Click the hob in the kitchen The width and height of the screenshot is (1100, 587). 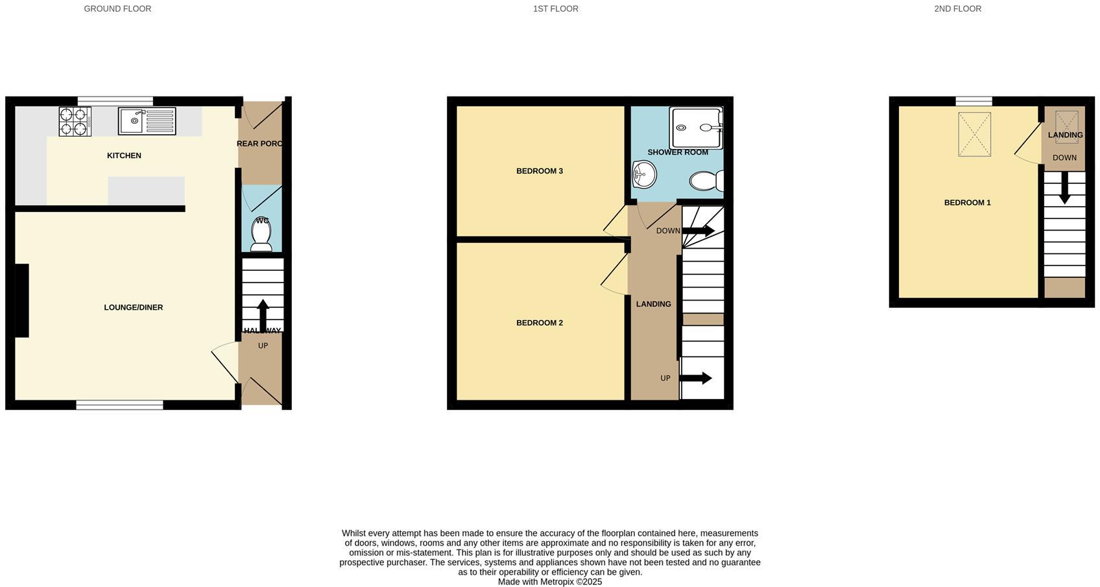tap(75, 121)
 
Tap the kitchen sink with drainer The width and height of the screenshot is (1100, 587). tap(147, 121)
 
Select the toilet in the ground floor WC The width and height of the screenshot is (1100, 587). tap(261, 235)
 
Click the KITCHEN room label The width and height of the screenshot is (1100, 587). tap(124, 155)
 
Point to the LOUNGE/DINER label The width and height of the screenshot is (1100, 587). tap(134, 307)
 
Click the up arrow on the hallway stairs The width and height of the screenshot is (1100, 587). tap(263, 315)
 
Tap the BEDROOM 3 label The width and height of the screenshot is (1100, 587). tap(540, 171)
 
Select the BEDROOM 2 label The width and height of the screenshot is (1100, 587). tap(540, 323)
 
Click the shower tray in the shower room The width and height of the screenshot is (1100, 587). tap(696, 128)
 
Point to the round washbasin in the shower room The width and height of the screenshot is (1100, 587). tap(644, 174)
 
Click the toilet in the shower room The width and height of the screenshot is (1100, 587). tap(706, 180)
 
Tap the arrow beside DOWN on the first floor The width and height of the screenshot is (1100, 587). tap(699, 231)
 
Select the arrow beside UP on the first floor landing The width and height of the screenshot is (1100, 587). tap(696, 378)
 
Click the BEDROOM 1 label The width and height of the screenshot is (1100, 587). tap(967, 203)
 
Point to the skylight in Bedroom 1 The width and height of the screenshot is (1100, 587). tap(974, 134)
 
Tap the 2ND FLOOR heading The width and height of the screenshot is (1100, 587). tap(957, 9)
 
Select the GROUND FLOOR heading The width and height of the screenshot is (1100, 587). tap(117, 9)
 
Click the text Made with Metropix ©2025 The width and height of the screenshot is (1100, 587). tap(550, 582)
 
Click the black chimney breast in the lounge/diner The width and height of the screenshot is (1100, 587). tap(22, 301)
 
